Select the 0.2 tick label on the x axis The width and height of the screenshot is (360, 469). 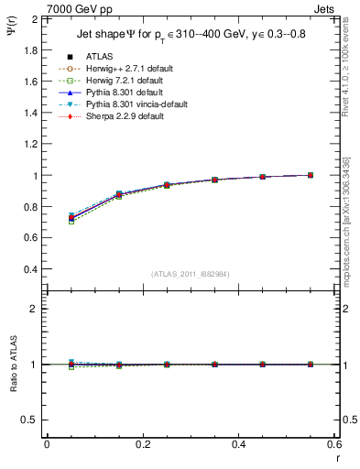pos(143,444)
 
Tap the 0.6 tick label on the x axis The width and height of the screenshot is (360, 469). pos(334,444)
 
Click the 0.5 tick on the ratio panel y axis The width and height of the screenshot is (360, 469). pos(31,420)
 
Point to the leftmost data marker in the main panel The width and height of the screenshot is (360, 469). pos(71,218)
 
